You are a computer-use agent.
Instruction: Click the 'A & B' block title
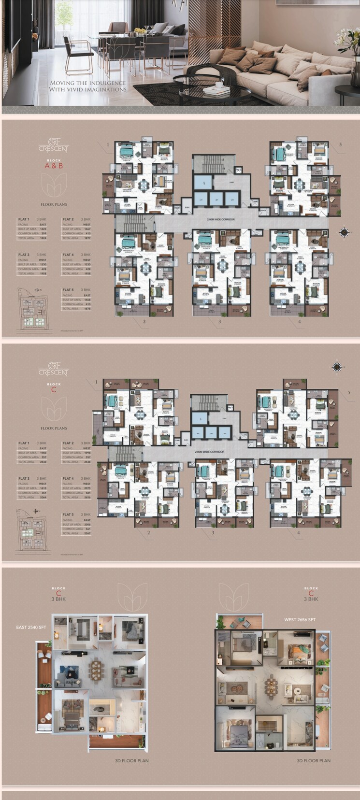click(54, 166)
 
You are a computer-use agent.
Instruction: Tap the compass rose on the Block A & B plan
click(344, 232)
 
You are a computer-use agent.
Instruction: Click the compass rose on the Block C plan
click(336, 368)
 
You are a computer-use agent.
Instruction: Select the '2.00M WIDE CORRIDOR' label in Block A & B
click(221, 219)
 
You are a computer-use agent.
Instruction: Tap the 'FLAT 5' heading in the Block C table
click(68, 514)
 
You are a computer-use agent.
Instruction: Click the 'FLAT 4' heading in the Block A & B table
click(68, 255)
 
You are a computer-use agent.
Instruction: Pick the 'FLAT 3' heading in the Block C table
click(24, 478)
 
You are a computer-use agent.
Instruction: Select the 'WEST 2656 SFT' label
click(300, 619)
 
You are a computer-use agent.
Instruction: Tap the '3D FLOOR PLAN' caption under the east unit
click(131, 761)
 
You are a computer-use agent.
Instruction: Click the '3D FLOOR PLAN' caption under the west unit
click(313, 761)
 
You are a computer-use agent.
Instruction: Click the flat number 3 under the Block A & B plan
click(219, 321)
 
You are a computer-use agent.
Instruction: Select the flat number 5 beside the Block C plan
click(349, 393)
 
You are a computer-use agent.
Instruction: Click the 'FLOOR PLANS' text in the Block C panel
click(54, 428)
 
